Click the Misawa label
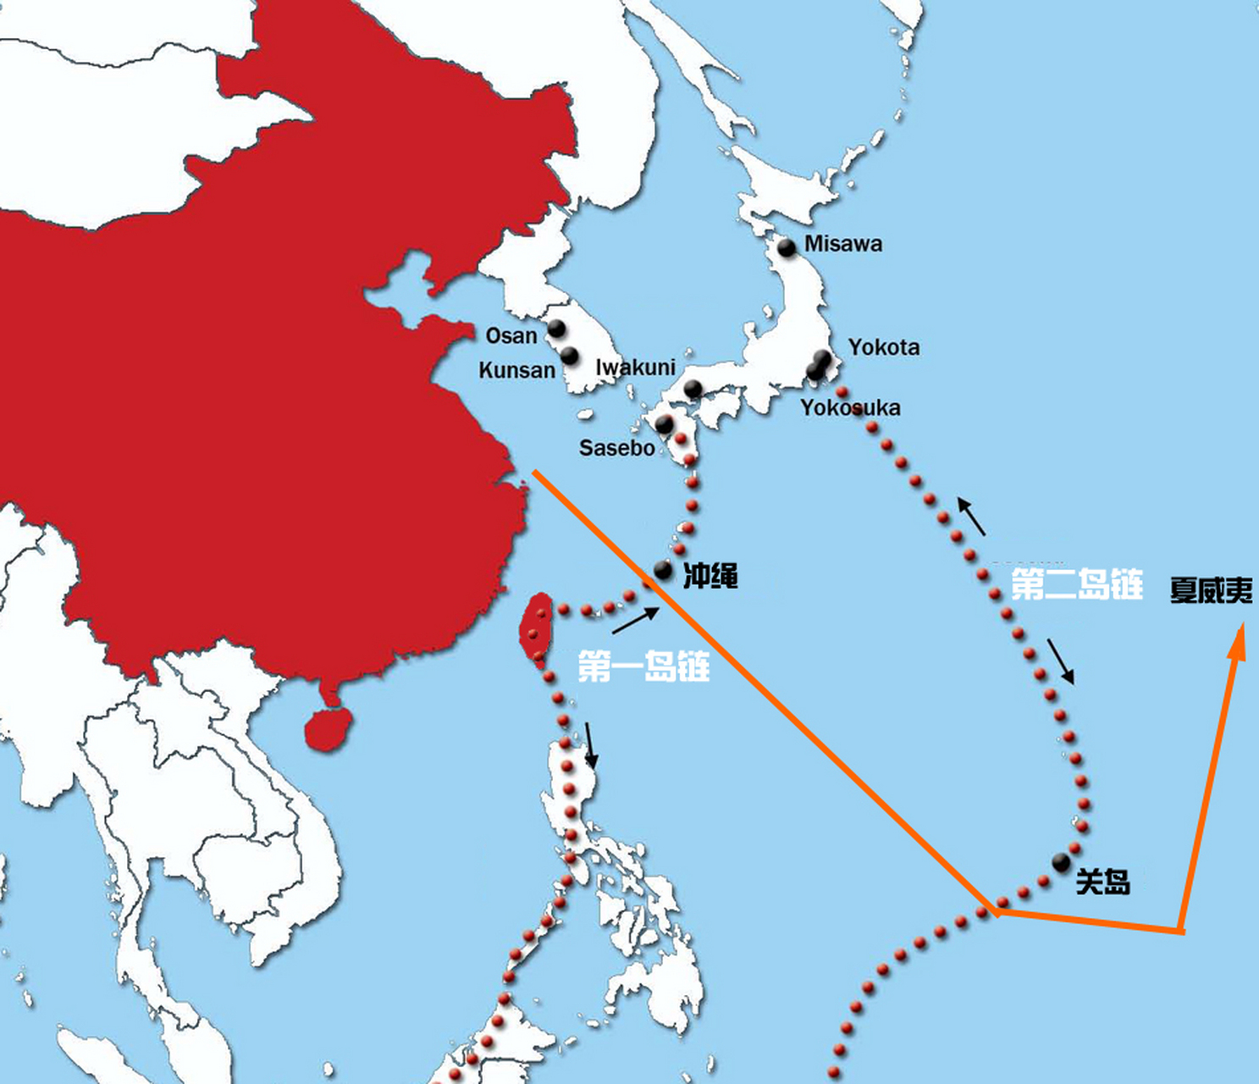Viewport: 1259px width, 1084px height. click(842, 244)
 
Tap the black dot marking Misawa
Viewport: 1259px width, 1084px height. click(787, 247)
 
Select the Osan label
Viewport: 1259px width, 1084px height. click(511, 336)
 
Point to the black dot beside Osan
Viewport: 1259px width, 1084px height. click(556, 328)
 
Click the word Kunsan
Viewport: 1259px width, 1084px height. click(516, 370)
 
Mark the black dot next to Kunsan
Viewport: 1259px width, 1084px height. click(570, 355)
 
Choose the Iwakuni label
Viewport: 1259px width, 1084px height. click(635, 368)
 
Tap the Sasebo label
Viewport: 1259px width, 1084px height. click(616, 447)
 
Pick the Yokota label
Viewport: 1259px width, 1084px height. click(884, 347)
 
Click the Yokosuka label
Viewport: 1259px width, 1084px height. click(850, 407)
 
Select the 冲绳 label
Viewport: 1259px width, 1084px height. click(710, 576)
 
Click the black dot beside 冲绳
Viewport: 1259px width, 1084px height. click(663, 570)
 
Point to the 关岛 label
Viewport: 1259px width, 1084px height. click(1102, 882)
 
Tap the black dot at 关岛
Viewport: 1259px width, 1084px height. click(1061, 862)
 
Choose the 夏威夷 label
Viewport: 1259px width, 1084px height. click(1211, 590)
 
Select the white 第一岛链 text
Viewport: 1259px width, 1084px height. click(643, 666)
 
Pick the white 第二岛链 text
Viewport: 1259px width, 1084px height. click(1077, 584)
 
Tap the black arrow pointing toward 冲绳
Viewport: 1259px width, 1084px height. click(635, 620)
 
